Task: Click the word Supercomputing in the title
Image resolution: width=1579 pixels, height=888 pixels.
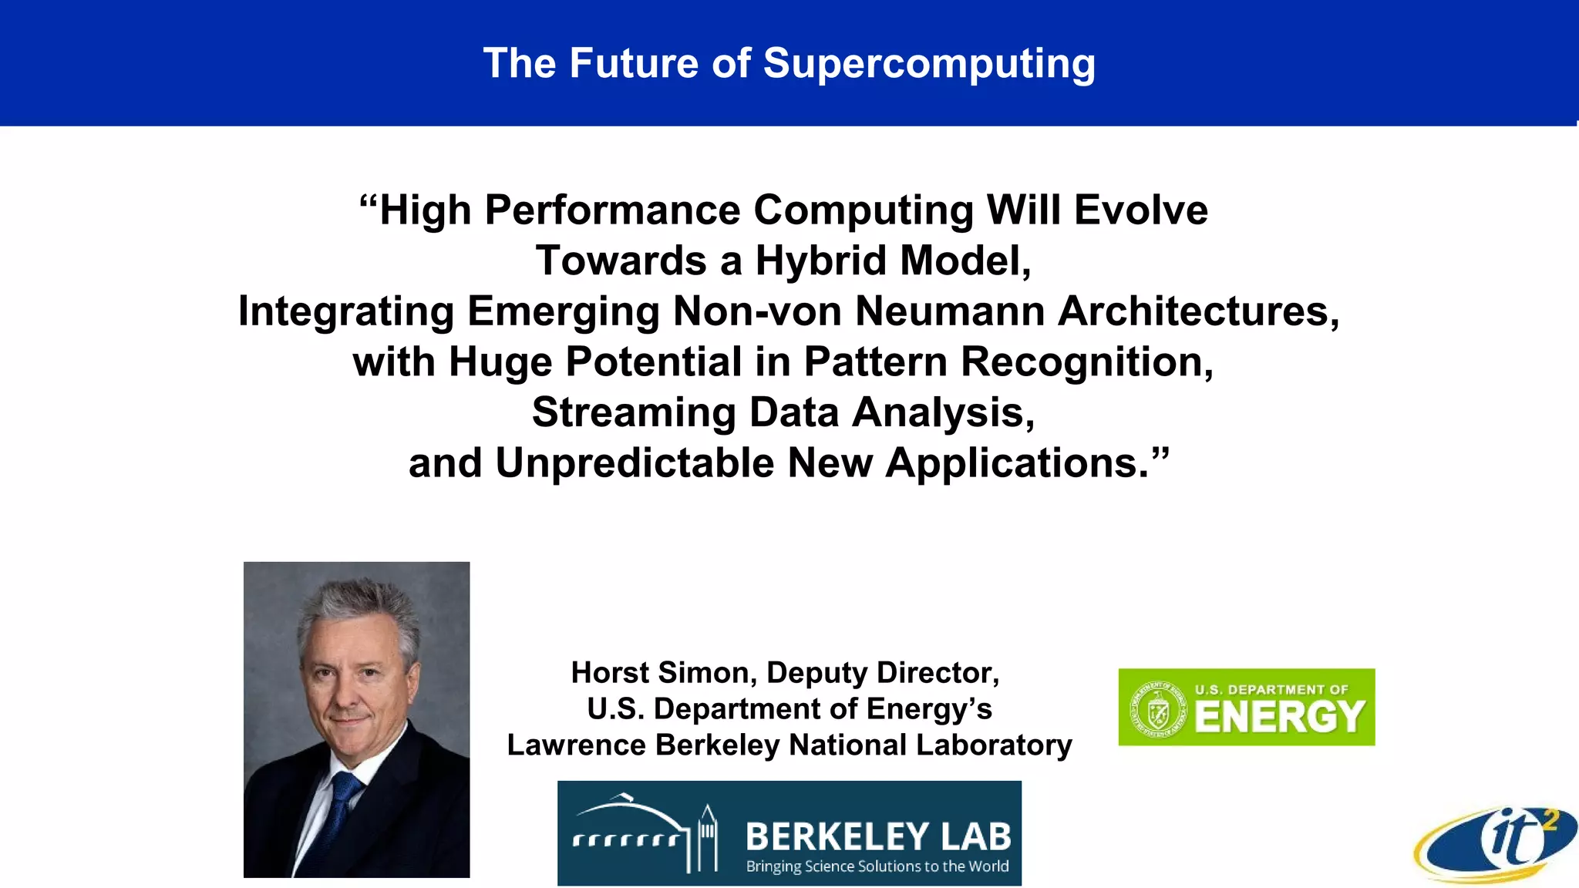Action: [929, 64]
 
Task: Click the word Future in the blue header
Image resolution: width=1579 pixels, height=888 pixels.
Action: [634, 63]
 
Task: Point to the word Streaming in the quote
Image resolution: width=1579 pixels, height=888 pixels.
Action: [634, 412]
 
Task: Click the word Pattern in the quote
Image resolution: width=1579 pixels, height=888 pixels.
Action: [875, 362]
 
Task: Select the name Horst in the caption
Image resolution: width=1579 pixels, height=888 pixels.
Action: [610, 672]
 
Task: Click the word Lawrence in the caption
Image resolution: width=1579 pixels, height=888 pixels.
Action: [575, 745]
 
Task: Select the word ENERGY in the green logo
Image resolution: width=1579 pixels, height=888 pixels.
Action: [1280, 717]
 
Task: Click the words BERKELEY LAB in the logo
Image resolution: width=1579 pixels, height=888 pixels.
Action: [877, 836]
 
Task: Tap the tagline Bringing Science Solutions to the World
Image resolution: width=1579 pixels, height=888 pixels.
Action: [877, 866]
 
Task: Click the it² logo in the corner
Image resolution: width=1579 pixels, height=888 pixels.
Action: [1496, 845]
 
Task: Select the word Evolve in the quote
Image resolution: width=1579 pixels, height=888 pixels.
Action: [1140, 210]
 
